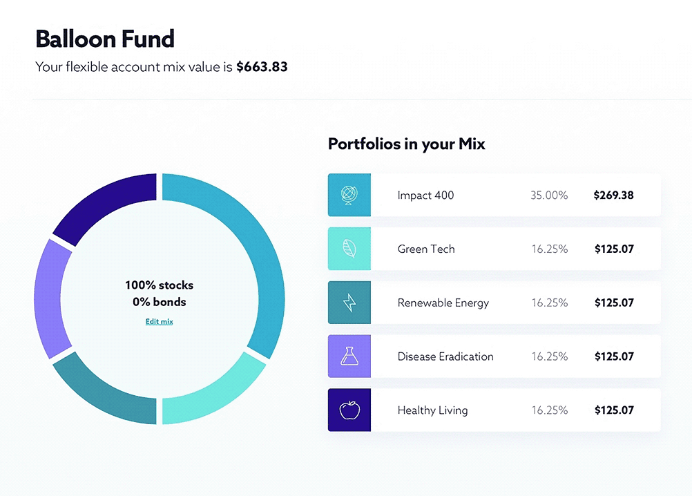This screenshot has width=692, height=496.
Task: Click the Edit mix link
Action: pyautogui.click(x=160, y=322)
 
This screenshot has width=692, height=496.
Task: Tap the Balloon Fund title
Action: pyautogui.click(x=105, y=39)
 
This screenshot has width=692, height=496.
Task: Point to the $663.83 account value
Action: pyautogui.click(x=262, y=66)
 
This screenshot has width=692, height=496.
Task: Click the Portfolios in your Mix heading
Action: pyautogui.click(x=407, y=144)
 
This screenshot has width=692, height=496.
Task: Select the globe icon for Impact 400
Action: pyautogui.click(x=349, y=195)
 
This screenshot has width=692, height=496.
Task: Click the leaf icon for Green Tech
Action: pyautogui.click(x=349, y=249)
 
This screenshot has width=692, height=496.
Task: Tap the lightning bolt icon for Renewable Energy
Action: pyautogui.click(x=349, y=303)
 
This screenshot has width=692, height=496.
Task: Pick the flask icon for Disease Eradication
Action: pyautogui.click(x=349, y=356)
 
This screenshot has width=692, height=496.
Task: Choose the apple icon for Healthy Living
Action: pyautogui.click(x=349, y=410)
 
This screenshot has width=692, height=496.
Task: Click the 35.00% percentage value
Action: pyautogui.click(x=549, y=195)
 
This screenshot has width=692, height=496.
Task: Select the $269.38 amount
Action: pyautogui.click(x=613, y=195)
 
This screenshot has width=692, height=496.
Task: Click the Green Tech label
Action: pyautogui.click(x=426, y=249)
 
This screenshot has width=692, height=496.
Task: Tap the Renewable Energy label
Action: pyautogui.click(x=443, y=303)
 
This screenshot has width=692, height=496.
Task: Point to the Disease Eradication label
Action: pyautogui.click(x=445, y=356)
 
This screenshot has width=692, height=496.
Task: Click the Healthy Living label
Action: pyautogui.click(x=432, y=410)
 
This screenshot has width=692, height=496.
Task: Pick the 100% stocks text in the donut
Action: pyautogui.click(x=159, y=285)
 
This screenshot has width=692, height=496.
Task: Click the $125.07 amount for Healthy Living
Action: pyautogui.click(x=614, y=410)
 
